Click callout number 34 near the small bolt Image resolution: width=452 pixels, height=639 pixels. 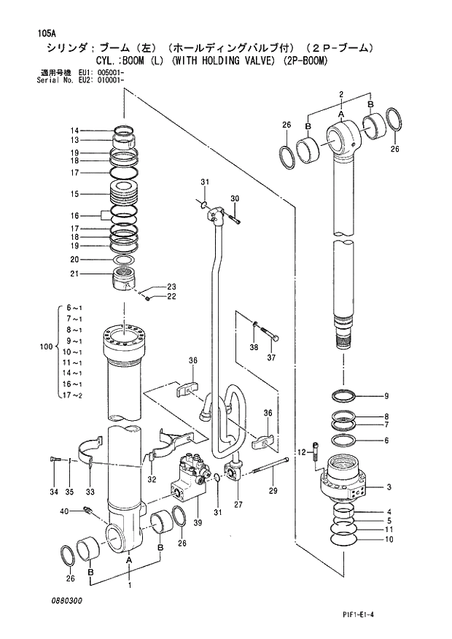coord(54,492)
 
